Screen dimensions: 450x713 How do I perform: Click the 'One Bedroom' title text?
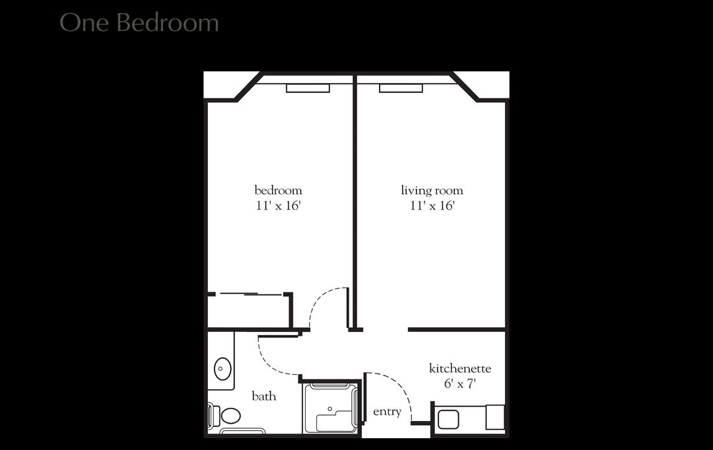coord(139,22)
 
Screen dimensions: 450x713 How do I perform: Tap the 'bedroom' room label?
coord(278,191)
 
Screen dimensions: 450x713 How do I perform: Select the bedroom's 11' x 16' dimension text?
coord(278,206)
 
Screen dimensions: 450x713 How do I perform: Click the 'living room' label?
coord(432,191)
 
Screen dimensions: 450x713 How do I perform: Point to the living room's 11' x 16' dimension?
coord(432,206)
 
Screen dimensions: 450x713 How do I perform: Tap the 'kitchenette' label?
coord(459,368)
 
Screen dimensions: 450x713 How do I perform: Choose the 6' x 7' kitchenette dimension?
coord(459,383)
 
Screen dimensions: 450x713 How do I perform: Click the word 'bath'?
coord(263,397)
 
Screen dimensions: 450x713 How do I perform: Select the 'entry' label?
coord(387,412)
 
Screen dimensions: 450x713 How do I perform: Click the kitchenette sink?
coord(448,419)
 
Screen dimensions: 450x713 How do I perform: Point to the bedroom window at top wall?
coord(308,88)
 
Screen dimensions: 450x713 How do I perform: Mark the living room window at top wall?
coord(401,88)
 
